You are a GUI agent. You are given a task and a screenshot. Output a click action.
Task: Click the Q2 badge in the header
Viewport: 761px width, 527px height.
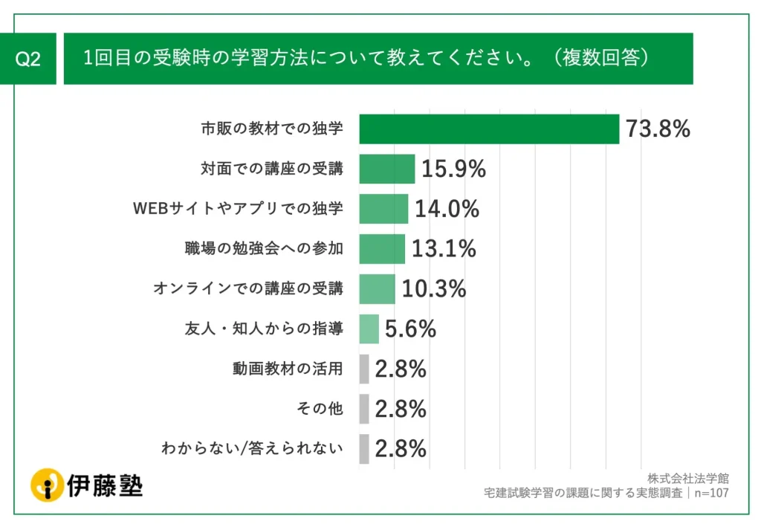point(28,59)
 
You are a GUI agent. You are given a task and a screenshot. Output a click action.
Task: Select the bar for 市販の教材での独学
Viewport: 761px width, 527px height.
point(489,129)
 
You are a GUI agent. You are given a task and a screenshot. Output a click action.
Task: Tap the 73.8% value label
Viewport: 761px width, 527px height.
point(658,129)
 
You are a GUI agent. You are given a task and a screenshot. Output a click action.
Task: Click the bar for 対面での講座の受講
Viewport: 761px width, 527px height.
point(386,169)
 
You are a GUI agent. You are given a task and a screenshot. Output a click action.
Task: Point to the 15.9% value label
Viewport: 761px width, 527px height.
point(453,169)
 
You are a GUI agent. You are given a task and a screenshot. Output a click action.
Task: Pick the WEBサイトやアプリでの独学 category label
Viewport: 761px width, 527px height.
point(238,209)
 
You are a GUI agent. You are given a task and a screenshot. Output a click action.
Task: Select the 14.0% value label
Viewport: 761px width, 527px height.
point(447,210)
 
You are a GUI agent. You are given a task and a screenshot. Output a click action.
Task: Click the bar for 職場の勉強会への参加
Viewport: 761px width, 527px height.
point(382,249)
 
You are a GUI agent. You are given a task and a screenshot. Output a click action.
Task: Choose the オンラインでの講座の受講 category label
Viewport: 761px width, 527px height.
point(248,288)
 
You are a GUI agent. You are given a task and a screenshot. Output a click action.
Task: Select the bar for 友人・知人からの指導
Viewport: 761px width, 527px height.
point(369,329)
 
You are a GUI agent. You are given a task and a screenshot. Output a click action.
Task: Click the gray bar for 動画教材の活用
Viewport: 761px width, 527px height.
point(363,369)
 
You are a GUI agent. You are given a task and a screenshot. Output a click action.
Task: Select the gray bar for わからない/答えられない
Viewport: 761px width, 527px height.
point(363,448)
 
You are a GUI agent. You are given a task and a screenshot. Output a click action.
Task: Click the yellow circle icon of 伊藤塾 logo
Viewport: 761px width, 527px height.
point(47,485)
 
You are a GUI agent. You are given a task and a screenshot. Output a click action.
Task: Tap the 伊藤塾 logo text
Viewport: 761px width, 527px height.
point(104,485)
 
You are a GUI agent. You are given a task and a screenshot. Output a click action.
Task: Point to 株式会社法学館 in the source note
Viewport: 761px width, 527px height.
point(687,478)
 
